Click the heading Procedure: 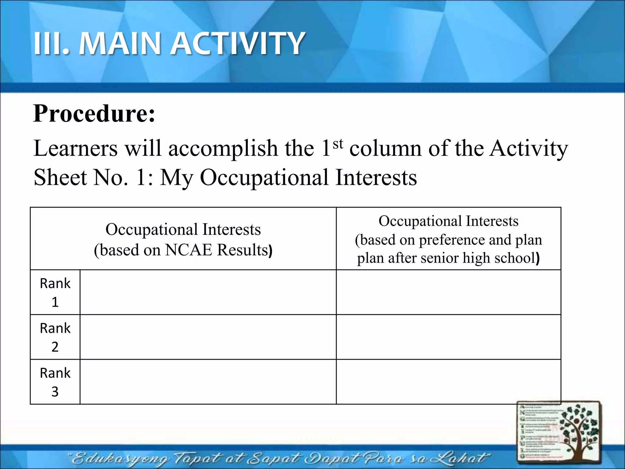point(94,114)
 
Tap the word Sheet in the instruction point(60,177)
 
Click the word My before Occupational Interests point(176,178)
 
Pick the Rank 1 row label point(55,292)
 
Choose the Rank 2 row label point(55,337)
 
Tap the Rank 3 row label point(55,382)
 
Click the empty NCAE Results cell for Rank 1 point(208,292)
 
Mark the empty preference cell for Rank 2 point(448,337)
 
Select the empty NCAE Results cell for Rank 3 point(208,382)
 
